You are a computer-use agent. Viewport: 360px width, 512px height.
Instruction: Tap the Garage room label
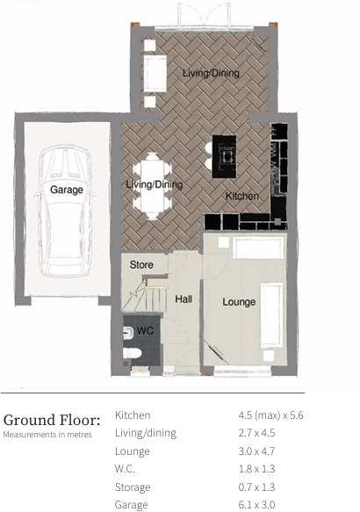[67, 190]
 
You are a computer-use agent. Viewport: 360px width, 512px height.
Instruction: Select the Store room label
[141, 264]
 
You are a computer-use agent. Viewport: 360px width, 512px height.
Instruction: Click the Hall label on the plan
[184, 299]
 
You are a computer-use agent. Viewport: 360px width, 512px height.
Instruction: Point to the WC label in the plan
[144, 331]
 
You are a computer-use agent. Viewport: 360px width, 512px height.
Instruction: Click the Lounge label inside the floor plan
[239, 302]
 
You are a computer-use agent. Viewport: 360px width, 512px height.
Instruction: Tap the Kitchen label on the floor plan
[241, 196]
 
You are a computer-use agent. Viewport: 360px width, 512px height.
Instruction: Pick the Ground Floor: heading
[52, 419]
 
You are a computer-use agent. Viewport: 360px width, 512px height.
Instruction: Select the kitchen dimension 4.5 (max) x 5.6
[270, 415]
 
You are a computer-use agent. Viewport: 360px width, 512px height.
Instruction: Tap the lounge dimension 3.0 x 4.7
[256, 451]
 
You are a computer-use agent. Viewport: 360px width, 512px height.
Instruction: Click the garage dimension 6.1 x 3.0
[256, 505]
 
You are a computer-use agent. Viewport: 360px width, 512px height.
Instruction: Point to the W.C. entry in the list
[125, 469]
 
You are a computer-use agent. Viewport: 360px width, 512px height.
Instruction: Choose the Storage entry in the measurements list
[133, 487]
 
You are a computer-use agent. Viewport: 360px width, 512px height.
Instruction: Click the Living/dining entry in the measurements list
[146, 433]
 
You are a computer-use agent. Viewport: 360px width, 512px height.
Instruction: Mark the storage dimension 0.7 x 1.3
[256, 487]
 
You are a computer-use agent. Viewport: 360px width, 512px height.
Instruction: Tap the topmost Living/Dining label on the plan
[211, 74]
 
